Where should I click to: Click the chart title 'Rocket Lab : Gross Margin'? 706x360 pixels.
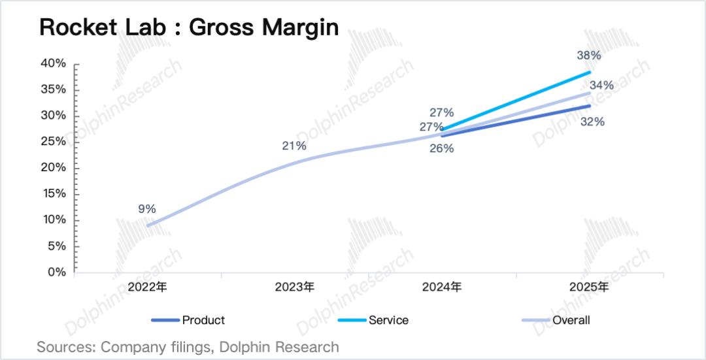click(189, 27)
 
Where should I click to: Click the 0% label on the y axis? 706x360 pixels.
click(57, 272)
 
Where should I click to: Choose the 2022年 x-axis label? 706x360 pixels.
click(148, 287)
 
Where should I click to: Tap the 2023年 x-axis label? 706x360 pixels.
click(295, 287)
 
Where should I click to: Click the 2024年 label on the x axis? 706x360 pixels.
click(442, 287)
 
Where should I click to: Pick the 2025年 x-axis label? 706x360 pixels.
click(589, 287)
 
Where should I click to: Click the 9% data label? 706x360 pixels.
click(147, 209)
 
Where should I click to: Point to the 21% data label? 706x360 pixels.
click(294, 146)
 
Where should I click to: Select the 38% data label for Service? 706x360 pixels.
click(588, 56)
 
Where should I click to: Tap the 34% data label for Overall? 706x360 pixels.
click(601, 85)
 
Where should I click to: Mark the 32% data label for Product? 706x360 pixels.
click(592, 122)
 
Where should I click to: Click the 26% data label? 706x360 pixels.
click(442, 148)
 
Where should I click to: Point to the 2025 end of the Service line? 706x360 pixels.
click(590, 72)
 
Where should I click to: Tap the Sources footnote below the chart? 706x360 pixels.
click(188, 347)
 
